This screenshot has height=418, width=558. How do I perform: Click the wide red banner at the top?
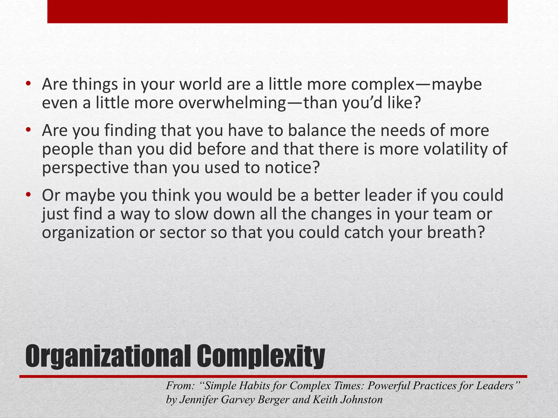(277, 11)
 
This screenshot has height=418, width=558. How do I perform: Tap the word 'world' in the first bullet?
(200, 85)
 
